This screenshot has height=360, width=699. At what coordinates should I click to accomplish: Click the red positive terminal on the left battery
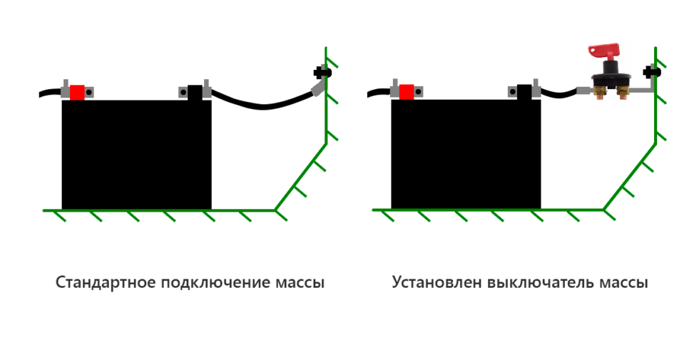(77, 92)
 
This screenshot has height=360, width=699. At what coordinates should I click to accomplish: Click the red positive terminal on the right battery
(407, 92)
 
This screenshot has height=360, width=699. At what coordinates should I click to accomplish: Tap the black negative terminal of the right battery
(524, 92)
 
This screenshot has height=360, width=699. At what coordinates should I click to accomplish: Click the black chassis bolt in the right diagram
(650, 72)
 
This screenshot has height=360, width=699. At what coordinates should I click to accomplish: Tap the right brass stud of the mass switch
(623, 93)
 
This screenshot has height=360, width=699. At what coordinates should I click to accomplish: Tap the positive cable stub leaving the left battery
(50, 93)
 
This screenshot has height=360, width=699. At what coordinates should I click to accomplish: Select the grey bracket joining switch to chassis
(642, 90)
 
